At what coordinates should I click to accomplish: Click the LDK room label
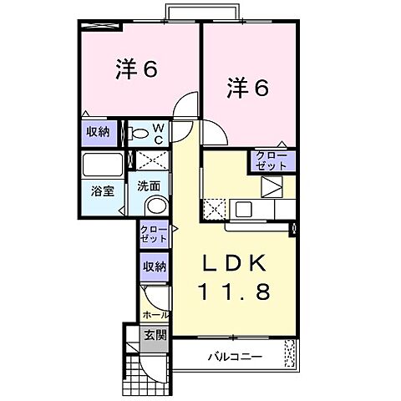point(235,264)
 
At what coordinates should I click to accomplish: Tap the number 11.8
point(235,292)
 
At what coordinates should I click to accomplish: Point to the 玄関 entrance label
point(155,336)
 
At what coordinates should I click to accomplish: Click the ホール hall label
point(155,315)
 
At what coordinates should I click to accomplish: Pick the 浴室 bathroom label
point(103,189)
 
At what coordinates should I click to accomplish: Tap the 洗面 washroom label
point(149,185)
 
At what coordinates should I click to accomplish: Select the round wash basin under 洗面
point(154,206)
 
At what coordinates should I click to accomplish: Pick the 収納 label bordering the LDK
point(154,267)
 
